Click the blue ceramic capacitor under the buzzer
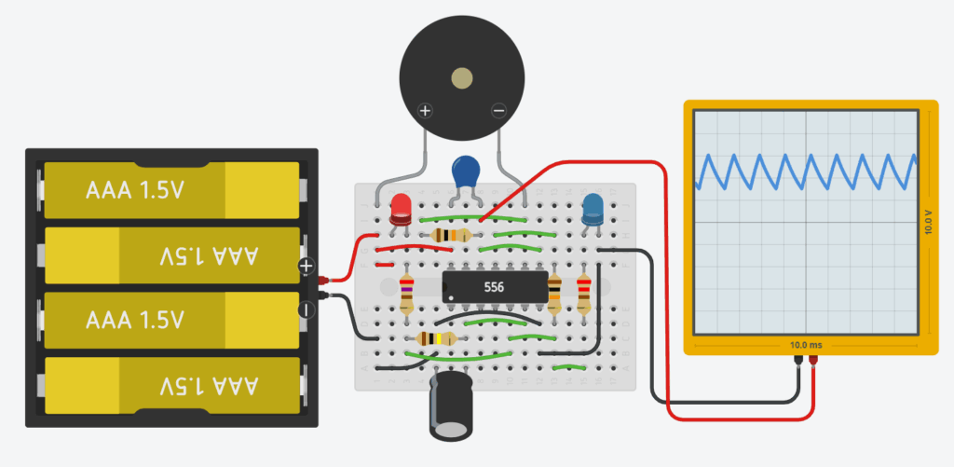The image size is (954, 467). tap(466, 172)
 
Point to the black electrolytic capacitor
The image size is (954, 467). tap(450, 406)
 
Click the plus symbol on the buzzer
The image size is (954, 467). tap(425, 111)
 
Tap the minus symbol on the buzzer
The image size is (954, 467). tap(498, 111)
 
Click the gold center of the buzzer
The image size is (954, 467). tap(460, 78)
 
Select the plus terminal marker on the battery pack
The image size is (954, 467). tap(307, 267)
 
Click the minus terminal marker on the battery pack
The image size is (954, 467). tap(307, 309)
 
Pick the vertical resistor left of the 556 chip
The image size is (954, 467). tap(406, 292)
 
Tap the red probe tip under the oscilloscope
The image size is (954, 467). tap(813, 361)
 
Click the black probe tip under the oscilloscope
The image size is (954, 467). tap(797, 361)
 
